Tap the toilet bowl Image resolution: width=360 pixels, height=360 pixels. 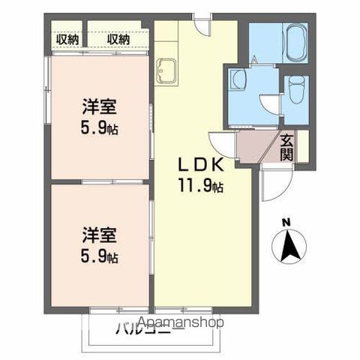[295, 93]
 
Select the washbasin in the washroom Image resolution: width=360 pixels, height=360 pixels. [238, 79]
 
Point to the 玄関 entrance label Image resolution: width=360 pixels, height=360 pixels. [286, 146]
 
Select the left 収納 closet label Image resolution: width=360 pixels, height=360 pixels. [67, 38]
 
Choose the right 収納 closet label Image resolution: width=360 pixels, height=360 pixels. [118, 38]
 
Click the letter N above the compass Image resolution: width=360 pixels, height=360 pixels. [285, 221]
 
